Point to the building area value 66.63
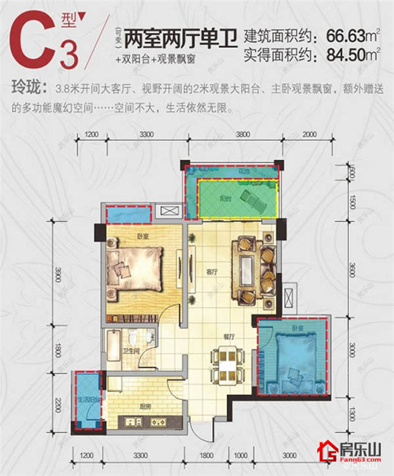point(345,36)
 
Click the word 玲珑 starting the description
point(26,89)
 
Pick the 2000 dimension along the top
point(309,134)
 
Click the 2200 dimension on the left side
point(59,406)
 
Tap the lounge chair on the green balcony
point(251,197)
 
